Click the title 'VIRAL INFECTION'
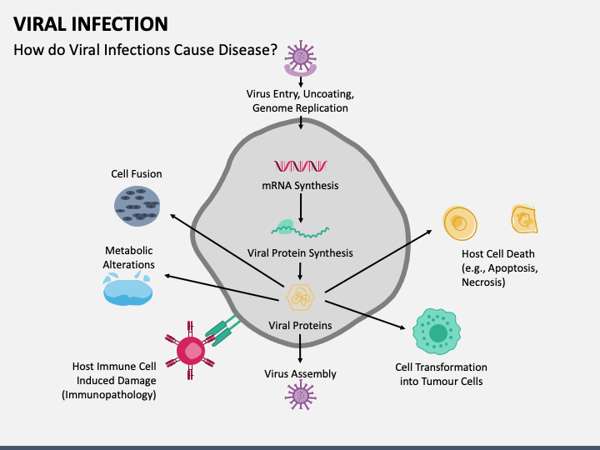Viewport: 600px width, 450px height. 91,24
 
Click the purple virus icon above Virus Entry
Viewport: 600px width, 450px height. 300,57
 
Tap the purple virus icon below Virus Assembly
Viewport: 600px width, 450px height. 300,395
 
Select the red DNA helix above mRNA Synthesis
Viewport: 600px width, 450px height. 300,166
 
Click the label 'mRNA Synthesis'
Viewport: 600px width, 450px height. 300,186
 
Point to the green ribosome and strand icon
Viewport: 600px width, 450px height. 300,228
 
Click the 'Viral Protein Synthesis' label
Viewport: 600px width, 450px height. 300,253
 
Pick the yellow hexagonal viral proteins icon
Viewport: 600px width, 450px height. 300,297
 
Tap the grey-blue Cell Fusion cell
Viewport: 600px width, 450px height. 137,207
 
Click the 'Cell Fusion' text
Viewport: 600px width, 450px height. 137,173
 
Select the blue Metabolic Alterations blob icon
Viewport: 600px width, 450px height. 127,289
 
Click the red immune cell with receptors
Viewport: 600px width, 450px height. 190,350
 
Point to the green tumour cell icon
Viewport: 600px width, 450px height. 437,332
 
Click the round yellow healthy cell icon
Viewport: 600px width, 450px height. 460,223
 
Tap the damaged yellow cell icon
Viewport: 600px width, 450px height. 525,219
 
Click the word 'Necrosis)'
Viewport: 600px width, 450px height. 483,282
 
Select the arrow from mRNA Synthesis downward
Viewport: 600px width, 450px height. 301,208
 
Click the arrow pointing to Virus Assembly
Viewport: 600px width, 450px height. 300,348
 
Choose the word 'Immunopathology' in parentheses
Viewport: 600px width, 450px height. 109,395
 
